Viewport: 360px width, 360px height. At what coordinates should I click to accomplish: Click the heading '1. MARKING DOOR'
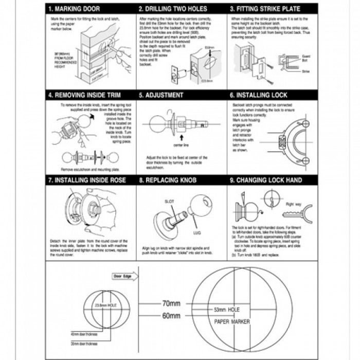(74, 9)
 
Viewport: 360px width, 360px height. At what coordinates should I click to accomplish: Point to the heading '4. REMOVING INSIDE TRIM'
(81, 95)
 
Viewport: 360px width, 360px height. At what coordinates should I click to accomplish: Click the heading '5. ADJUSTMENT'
(161, 95)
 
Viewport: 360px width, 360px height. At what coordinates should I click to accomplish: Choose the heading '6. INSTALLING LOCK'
(259, 95)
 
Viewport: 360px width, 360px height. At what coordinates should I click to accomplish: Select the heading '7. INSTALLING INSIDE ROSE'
(84, 181)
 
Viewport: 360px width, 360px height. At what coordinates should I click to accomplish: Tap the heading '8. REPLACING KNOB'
(168, 181)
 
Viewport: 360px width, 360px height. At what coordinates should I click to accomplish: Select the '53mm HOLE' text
(227, 310)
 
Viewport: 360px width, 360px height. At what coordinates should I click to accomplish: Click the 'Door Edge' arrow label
(122, 276)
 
